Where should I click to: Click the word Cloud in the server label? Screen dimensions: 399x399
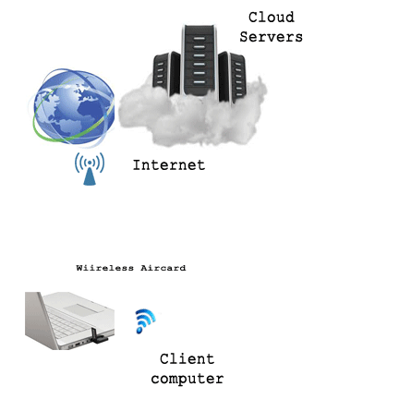272,18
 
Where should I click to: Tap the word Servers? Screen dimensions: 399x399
272,37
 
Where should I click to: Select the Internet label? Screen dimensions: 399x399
169,165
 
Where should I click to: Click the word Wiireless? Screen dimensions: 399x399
105,268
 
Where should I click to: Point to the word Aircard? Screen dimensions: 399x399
163,268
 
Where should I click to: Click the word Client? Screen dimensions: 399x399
187,359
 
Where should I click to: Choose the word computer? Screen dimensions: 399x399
187,379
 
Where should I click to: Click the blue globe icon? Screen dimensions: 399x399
74,106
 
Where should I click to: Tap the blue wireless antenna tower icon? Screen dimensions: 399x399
90,169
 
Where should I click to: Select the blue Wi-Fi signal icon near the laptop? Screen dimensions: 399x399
144,320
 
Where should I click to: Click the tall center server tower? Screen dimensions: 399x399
199,60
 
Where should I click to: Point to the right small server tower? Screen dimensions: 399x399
233,77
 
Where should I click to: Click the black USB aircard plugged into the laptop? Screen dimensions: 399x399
99,336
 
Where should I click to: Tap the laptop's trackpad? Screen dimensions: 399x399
84,309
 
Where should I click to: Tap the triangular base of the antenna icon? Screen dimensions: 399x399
90,177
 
